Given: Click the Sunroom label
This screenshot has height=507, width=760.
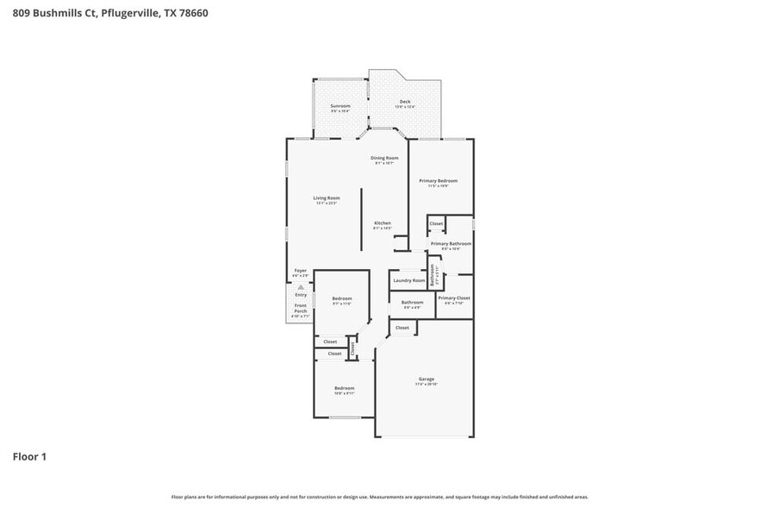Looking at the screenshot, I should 340,106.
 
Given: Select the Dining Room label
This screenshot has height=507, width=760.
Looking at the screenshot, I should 384,158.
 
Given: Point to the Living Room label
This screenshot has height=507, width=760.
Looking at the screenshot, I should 326,198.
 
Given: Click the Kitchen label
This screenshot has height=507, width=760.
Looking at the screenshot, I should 382,223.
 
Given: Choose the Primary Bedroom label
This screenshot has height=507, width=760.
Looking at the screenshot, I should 438,180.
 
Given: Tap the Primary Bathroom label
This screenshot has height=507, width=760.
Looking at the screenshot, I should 451,244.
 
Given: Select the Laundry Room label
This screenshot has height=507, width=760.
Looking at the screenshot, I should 408,280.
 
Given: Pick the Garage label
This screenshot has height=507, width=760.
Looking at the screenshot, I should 426,379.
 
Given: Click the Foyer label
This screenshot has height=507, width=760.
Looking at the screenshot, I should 300,271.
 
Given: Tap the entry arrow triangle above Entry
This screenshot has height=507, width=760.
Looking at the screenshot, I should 300,287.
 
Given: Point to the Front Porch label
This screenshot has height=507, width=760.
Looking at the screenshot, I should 300,309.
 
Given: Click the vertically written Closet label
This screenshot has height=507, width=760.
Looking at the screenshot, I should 352,349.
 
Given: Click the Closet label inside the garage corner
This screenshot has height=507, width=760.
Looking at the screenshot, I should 402,328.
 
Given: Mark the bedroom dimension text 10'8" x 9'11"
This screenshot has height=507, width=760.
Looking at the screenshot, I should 344,394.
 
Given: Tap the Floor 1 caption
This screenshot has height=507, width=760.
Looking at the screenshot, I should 29,456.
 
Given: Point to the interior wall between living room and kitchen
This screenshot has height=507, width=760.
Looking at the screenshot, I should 361,220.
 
